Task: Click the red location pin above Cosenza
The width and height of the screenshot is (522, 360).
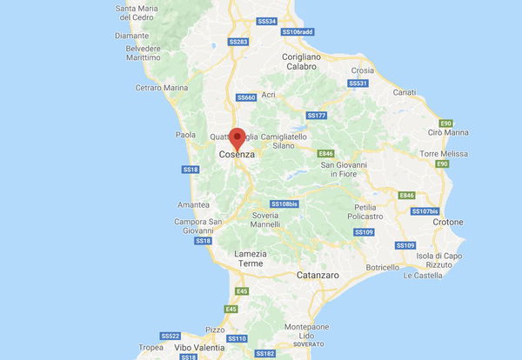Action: tap(236, 137)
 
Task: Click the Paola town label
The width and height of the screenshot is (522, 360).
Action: tap(186, 135)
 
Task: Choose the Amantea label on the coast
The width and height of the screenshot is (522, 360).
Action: tap(193, 205)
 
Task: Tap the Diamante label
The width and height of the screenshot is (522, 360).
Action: tap(130, 36)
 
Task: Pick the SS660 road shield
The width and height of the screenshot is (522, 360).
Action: tap(246, 97)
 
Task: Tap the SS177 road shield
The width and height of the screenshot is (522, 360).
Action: tap(316, 115)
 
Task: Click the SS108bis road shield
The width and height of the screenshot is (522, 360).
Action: tap(284, 203)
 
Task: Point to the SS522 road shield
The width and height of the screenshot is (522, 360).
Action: tap(171, 336)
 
